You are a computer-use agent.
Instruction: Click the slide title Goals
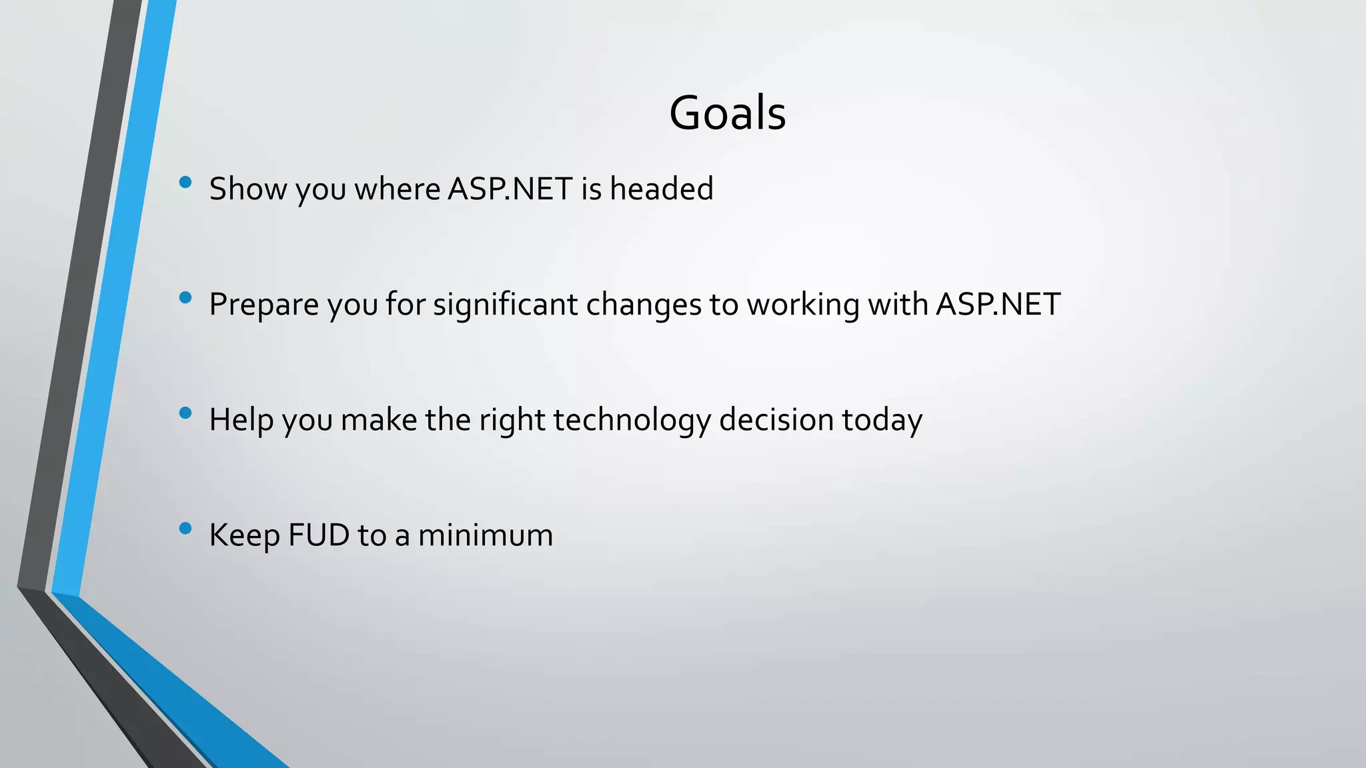727,113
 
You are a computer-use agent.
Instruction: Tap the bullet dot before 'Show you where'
185,182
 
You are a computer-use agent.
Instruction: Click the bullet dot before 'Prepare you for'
185,297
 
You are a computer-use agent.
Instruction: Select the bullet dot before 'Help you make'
185,413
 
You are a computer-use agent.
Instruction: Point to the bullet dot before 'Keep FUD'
185,529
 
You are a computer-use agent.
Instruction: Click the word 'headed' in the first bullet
661,189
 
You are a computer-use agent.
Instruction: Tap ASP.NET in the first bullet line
510,189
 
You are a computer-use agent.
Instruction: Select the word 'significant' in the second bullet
505,305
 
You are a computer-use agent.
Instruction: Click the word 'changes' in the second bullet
643,305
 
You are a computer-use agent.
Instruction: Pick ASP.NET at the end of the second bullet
998,305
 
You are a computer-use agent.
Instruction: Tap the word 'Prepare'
264,305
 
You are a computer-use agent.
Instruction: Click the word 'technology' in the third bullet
632,421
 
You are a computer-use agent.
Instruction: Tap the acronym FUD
319,535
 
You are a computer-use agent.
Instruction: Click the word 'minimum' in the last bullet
485,535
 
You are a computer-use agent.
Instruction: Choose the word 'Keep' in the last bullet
244,535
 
